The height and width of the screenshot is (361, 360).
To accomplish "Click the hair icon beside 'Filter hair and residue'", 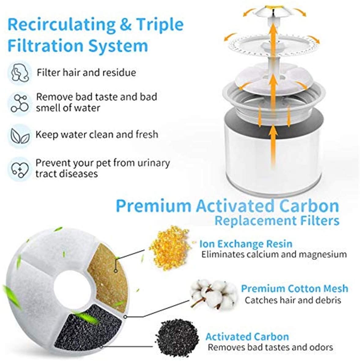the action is (20, 72).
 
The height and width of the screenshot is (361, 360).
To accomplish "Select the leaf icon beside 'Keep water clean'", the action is (20, 136).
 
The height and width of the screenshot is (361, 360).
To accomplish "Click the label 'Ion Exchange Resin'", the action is (246, 244).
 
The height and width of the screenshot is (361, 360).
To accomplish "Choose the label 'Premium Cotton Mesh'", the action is (295, 288).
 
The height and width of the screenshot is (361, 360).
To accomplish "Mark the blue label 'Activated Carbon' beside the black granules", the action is (247, 337).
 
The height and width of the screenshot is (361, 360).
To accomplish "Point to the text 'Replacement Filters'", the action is (277, 220).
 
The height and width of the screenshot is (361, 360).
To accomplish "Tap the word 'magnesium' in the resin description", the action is (323, 255).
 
